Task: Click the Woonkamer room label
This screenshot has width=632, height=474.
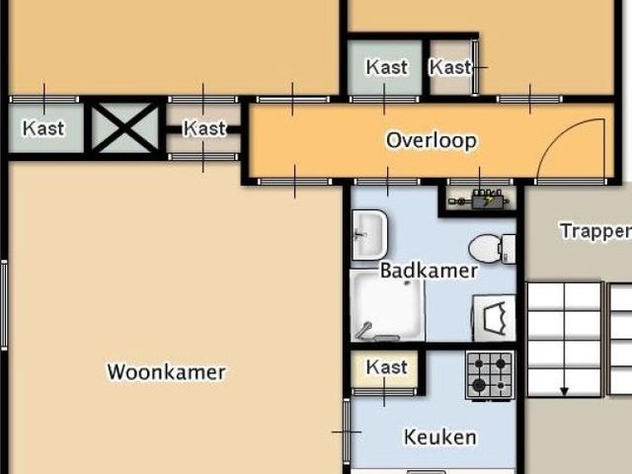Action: [166, 372]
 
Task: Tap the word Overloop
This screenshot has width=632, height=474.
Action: [431, 140]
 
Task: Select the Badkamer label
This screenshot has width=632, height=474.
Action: [429, 270]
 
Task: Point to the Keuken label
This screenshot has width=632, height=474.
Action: [439, 436]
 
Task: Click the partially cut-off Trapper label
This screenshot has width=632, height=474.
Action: [595, 231]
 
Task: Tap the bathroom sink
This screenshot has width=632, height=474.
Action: [368, 235]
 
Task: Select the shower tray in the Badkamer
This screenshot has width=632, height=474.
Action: [388, 307]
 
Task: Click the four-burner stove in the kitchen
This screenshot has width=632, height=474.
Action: [490, 374]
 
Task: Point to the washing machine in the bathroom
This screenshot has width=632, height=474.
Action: [494, 317]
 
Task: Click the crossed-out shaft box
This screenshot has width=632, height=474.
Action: [124, 127]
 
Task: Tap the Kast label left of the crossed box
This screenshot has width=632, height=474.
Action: [43, 127]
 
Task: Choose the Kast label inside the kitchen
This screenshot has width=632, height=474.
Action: [386, 367]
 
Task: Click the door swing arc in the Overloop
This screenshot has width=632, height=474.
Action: [578, 148]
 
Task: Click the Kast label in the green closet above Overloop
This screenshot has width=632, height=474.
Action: [386, 67]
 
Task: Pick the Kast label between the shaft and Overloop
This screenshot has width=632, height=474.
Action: [204, 128]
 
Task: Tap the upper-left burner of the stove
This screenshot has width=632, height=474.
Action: [479, 363]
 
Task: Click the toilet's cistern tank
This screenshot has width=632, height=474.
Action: [508, 248]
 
